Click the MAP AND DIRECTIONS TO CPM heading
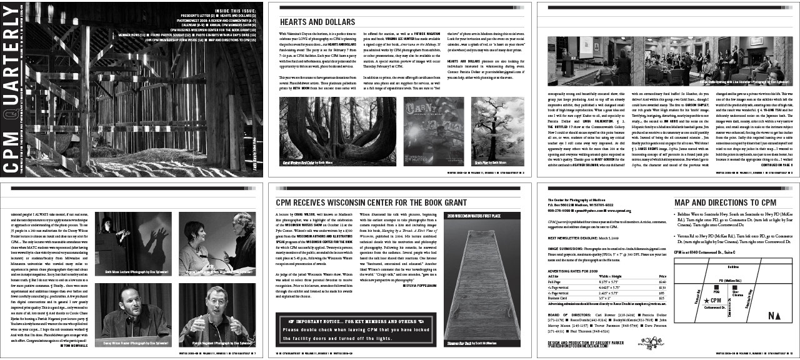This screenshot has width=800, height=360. click(x=725, y=202)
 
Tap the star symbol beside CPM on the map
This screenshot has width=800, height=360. click(x=706, y=301)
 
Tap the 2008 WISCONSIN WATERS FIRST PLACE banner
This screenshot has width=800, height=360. click(x=474, y=216)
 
